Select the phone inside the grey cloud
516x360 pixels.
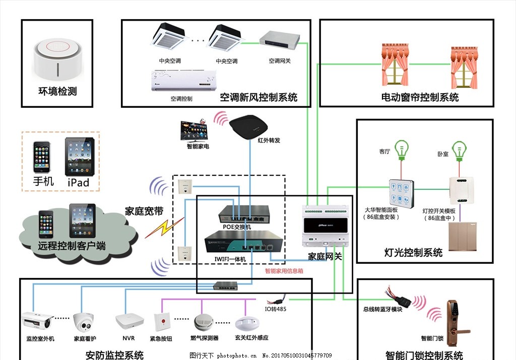[46, 224]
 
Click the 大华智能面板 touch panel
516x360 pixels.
[401, 194]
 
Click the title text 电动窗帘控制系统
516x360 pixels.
[419, 97]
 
